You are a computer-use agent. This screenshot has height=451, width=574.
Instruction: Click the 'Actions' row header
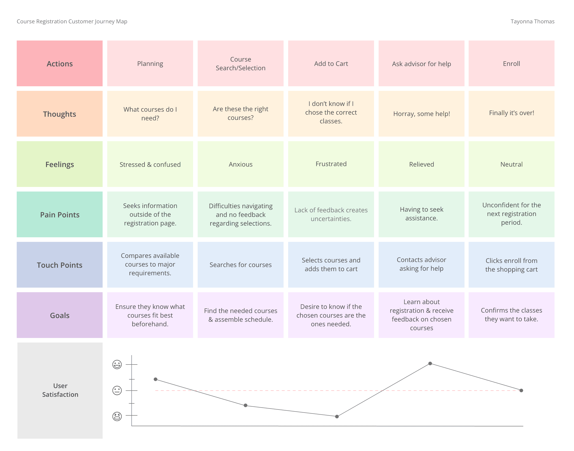click(x=60, y=63)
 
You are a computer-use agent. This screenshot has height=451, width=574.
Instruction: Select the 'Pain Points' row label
click(x=60, y=214)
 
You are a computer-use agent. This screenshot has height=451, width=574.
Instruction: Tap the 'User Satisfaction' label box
click(x=60, y=391)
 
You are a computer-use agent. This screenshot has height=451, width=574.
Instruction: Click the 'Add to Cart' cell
click(x=331, y=63)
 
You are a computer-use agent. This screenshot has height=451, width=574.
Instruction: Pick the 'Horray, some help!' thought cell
click(x=421, y=113)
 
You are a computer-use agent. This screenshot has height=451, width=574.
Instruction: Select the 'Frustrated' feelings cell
click(x=331, y=164)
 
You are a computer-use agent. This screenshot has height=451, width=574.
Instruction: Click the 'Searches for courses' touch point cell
click(x=241, y=265)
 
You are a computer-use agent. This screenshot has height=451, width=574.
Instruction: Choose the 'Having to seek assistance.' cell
click(x=421, y=214)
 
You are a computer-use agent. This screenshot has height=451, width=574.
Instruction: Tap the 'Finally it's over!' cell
click(x=511, y=113)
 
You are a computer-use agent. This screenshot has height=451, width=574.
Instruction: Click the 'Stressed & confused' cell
click(x=150, y=164)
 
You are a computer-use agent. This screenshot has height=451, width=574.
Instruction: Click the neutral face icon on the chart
click(x=117, y=390)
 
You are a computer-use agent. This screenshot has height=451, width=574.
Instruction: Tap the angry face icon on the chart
click(x=117, y=416)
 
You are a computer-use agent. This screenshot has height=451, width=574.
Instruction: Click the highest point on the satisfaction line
click(x=430, y=363)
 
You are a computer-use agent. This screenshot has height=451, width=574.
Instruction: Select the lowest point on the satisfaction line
click(x=337, y=416)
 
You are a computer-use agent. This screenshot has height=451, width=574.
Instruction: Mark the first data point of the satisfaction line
click(x=156, y=379)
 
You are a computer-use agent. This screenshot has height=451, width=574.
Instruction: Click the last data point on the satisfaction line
click(x=521, y=390)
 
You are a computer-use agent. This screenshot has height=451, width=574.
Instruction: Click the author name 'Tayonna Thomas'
click(x=532, y=21)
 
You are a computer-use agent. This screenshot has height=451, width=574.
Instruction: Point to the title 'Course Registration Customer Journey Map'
click(x=72, y=21)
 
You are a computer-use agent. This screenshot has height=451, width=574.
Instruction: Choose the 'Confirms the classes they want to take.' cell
click(x=511, y=315)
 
